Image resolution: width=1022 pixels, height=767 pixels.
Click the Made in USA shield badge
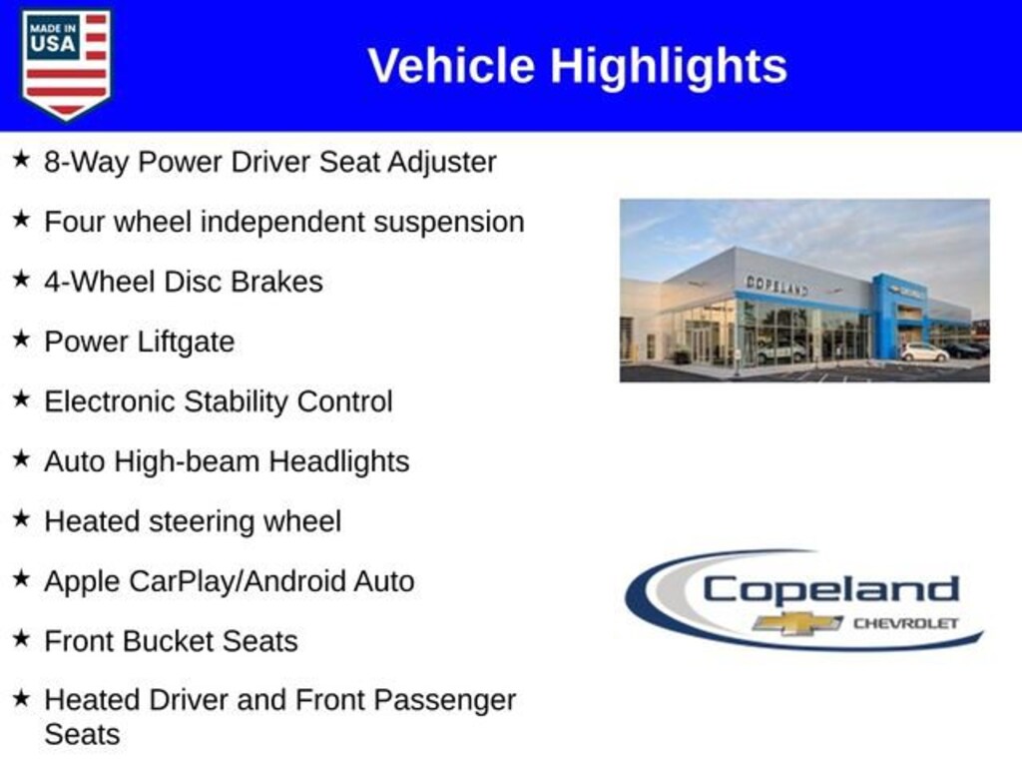[66, 64]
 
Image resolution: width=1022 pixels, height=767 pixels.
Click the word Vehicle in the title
[452, 66]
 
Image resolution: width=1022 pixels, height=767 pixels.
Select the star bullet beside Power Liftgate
[22, 339]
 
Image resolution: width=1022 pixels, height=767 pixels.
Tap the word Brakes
[277, 282]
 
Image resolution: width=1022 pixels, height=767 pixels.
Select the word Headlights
[339, 461]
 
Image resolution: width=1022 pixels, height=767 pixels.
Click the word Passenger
[445, 701]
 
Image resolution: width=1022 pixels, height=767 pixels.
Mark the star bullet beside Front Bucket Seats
[22, 638]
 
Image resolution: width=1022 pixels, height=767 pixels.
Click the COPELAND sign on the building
[776, 285]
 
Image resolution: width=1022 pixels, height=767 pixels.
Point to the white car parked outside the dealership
[924, 353]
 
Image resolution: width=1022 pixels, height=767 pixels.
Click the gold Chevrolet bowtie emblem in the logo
[797, 623]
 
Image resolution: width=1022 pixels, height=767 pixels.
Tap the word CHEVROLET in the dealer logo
[906, 623]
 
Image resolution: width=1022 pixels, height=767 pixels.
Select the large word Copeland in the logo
[831, 591]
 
